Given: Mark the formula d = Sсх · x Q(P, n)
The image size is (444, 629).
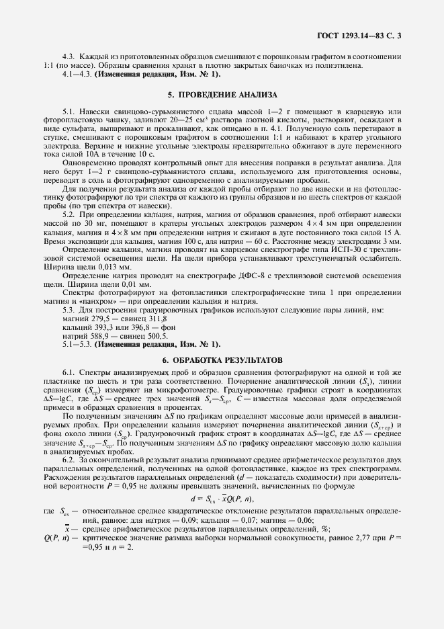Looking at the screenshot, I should click(222, 499).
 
